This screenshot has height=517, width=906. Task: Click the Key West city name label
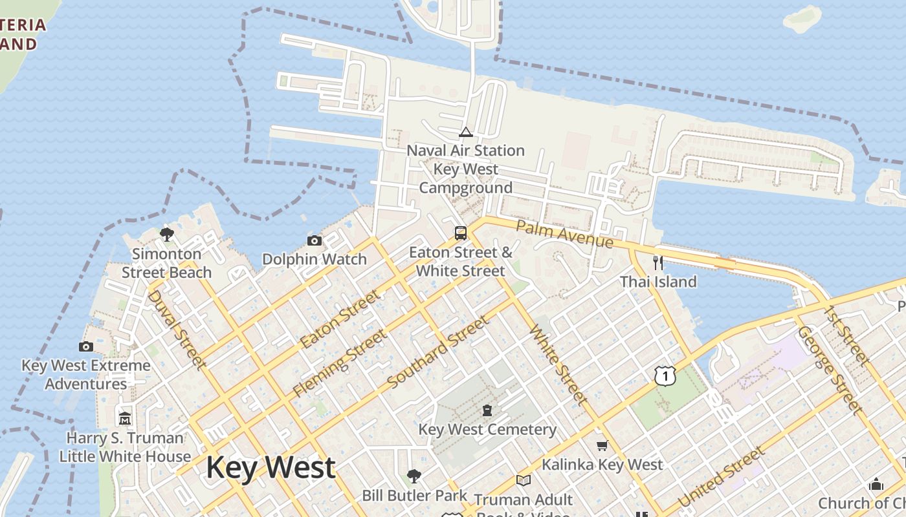[x=271, y=467]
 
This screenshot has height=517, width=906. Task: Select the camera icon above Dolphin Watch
[x=315, y=240]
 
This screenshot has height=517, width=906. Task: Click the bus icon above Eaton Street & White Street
[x=461, y=233]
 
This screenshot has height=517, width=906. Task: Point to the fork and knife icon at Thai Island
[x=658, y=262]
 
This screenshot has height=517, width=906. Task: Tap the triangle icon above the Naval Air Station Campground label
[x=465, y=132]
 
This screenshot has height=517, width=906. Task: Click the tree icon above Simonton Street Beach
[x=167, y=234]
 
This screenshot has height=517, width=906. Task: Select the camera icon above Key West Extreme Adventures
[x=86, y=346]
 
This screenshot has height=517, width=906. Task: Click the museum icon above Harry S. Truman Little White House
[x=126, y=418]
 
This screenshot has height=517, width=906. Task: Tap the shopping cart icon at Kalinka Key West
[x=602, y=445]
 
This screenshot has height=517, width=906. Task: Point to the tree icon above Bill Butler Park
[x=414, y=476]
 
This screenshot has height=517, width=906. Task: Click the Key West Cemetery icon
[x=487, y=410]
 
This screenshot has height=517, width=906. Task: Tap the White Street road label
[x=558, y=365]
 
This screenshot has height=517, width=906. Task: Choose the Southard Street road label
[x=438, y=352]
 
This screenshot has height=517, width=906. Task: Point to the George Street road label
[x=830, y=370]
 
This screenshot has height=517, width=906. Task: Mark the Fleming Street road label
[x=340, y=363]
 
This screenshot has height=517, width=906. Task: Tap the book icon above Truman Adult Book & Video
[x=523, y=480]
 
